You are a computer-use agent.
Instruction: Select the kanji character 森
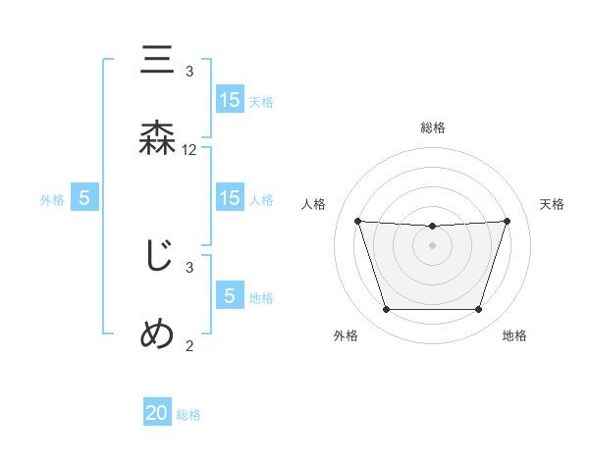coord(158,137)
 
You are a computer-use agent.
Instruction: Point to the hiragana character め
coord(158,333)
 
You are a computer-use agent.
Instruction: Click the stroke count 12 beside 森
coord(189,150)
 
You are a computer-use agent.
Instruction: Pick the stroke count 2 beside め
coord(189,344)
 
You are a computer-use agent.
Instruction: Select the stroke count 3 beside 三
coord(189,72)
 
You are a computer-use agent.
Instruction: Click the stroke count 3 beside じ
coord(189,267)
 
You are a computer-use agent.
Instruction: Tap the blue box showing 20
coord(157,414)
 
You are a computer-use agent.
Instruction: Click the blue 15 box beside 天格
coord(229,100)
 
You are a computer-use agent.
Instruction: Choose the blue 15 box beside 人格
coord(229,198)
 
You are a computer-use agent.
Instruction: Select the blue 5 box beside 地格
coord(229,296)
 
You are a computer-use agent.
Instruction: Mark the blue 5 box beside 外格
coord(84,198)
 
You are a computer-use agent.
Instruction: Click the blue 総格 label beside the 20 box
coord(188,415)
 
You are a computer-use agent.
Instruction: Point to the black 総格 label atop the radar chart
coord(432,128)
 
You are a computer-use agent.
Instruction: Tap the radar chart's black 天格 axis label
coord(552,204)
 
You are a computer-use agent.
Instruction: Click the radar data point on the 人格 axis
coord(357,221)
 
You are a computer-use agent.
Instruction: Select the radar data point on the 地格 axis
coord(478,310)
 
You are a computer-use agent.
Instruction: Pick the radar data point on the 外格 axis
coord(386,310)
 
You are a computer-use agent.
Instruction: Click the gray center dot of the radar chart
coord(432,245)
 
